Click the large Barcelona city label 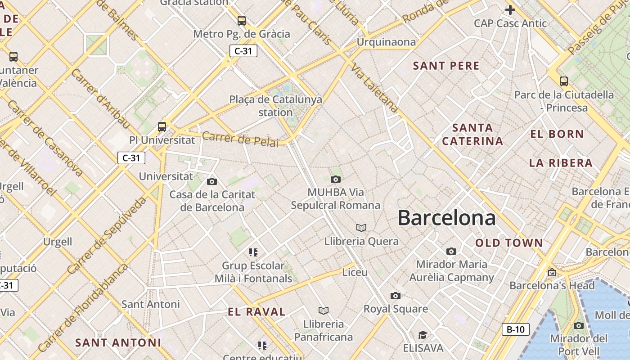[x=446, y=218]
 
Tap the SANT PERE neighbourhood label [x=446, y=66]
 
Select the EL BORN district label [x=557, y=134]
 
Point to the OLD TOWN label [x=509, y=243]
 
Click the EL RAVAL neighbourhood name [x=256, y=312]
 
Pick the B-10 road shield [x=515, y=329]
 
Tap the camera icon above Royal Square [x=396, y=296]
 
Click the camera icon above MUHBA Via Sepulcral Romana [x=335, y=180]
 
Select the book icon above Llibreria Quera [x=361, y=228]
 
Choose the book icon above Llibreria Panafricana [x=323, y=310]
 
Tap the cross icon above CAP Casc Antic [x=510, y=9]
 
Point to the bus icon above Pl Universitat [x=162, y=127]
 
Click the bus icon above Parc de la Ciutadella [x=563, y=81]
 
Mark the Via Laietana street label [x=374, y=89]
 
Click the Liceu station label [x=355, y=272]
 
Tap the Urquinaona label [x=386, y=42]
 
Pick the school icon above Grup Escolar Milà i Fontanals [x=253, y=252]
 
